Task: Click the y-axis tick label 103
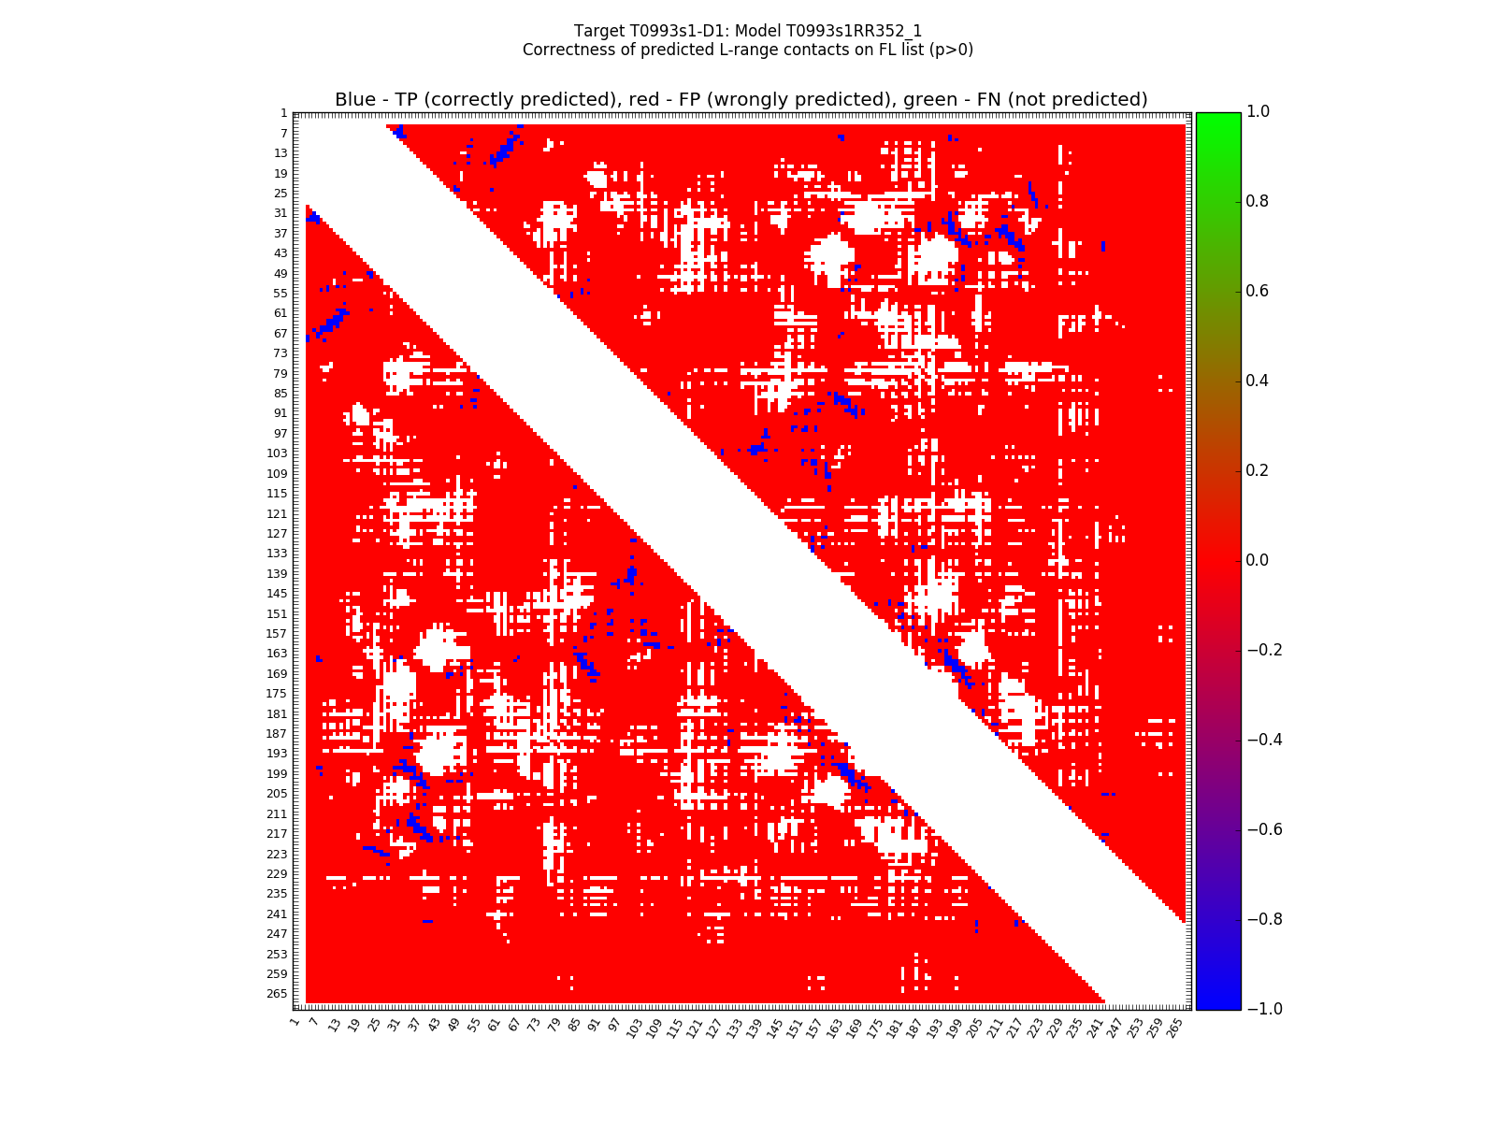[x=278, y=453]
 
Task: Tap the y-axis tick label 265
[x=278, y=994]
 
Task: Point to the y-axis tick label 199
[x=278, y=774]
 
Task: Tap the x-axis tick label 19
[x=353, y=1028]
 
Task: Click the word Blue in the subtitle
[x=355, y=100]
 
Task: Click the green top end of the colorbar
[x=1218, y=117]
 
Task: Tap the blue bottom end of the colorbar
[x=1218, y=1003]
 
